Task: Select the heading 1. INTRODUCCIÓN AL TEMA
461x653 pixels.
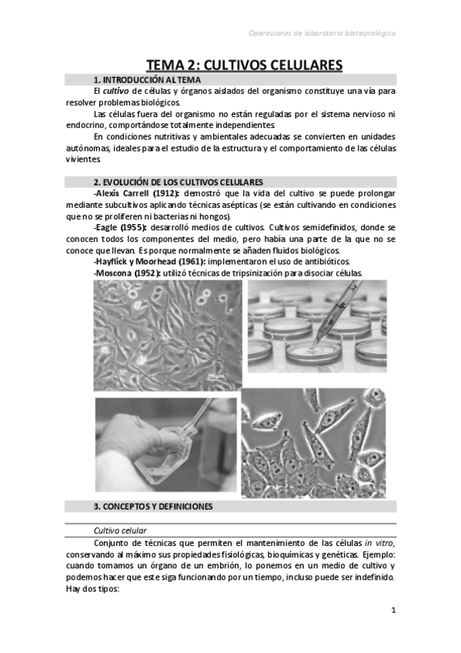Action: tap(147, 80)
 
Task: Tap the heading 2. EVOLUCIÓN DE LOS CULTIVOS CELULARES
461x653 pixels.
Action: tap(179, 182)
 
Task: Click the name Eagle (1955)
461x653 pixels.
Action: tap(118, 228)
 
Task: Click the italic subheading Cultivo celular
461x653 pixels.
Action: tap(119, 531)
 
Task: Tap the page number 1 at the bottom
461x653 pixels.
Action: tap(393, 611)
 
